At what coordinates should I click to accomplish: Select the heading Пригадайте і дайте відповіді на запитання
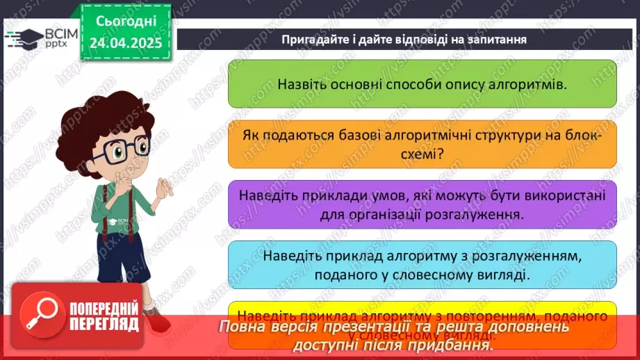404,39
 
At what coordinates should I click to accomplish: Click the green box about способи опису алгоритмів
422,83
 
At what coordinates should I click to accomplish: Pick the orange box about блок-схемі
422,144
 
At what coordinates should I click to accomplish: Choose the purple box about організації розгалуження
422,205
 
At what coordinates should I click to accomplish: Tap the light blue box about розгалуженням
422,265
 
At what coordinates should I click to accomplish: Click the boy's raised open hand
166,187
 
